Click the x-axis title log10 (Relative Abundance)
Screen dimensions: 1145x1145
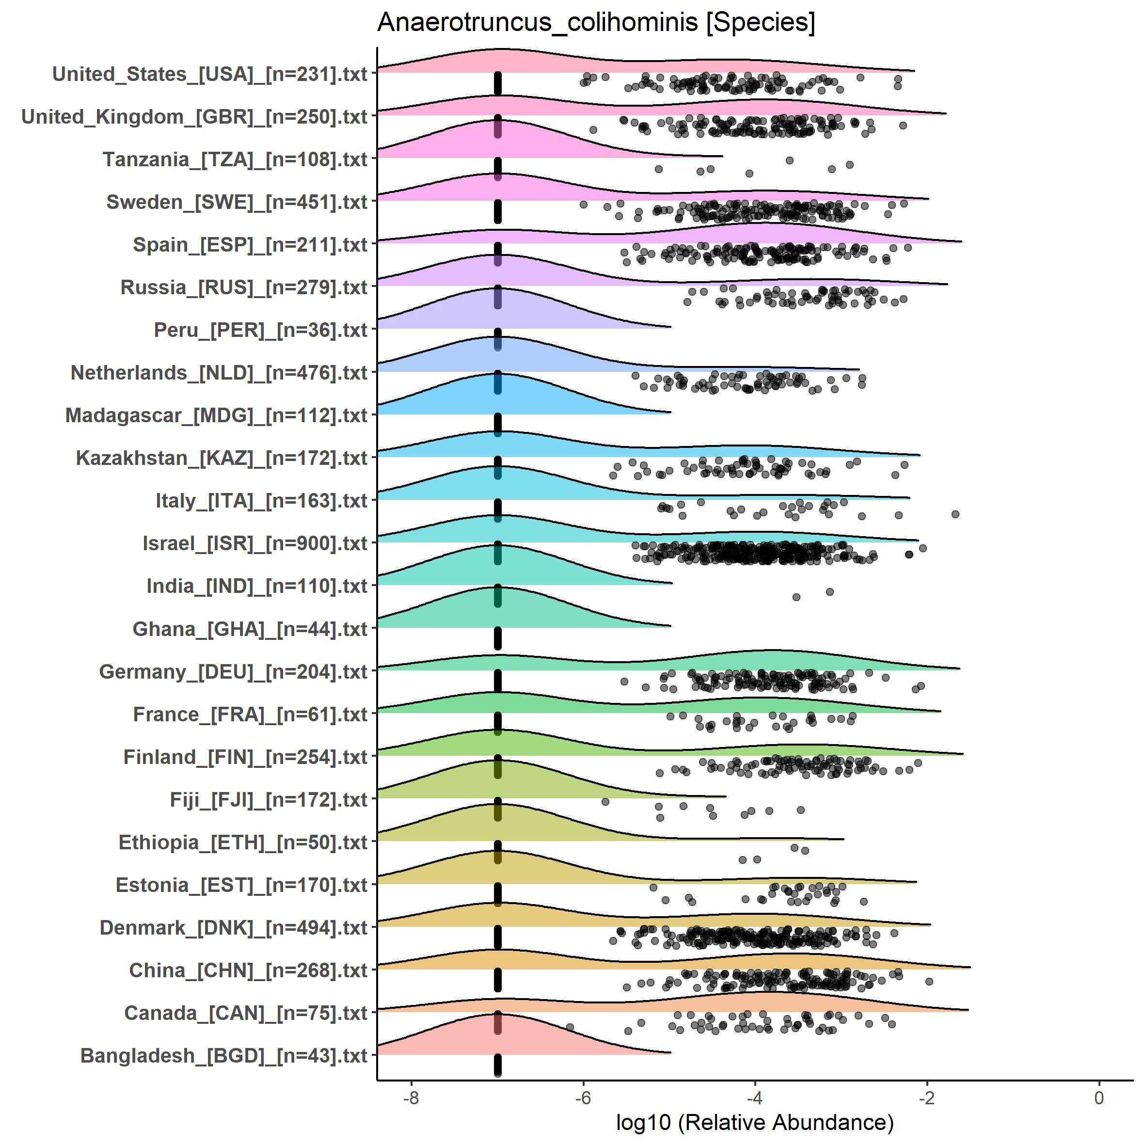click(x=754, y=1121)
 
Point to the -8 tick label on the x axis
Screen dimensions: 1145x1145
click(x=411, y=1097)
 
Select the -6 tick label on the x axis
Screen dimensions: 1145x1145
click(x=583, y=1097)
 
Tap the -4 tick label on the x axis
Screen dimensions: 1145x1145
click(x=754, y=1097)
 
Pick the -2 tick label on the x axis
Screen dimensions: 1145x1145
click(x=926, y=1097)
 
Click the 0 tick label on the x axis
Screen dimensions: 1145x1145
click(x=1099, y=1097)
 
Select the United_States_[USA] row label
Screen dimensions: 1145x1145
click(x=210, y=74)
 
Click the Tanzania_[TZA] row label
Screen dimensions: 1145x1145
click(x=235, y=159)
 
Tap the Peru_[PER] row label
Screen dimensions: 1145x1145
click(x=261, y=330)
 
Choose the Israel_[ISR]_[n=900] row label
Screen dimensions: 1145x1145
click(x=255, y=543)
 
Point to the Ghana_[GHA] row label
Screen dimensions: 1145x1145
click(x=250, y=629)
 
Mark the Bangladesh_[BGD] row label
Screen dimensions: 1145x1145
click(x=223, y=1055)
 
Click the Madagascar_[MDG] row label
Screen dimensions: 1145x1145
click(x=216, y=415)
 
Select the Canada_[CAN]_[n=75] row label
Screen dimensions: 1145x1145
click(x=245, y=1013)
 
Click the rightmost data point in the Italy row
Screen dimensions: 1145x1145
click(x=955, y=514)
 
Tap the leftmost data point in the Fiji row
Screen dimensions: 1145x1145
click(x=605, y=801)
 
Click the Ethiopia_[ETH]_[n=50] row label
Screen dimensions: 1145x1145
click(x=243, y=842)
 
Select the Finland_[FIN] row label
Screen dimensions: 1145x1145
click(x=245, y=757)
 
